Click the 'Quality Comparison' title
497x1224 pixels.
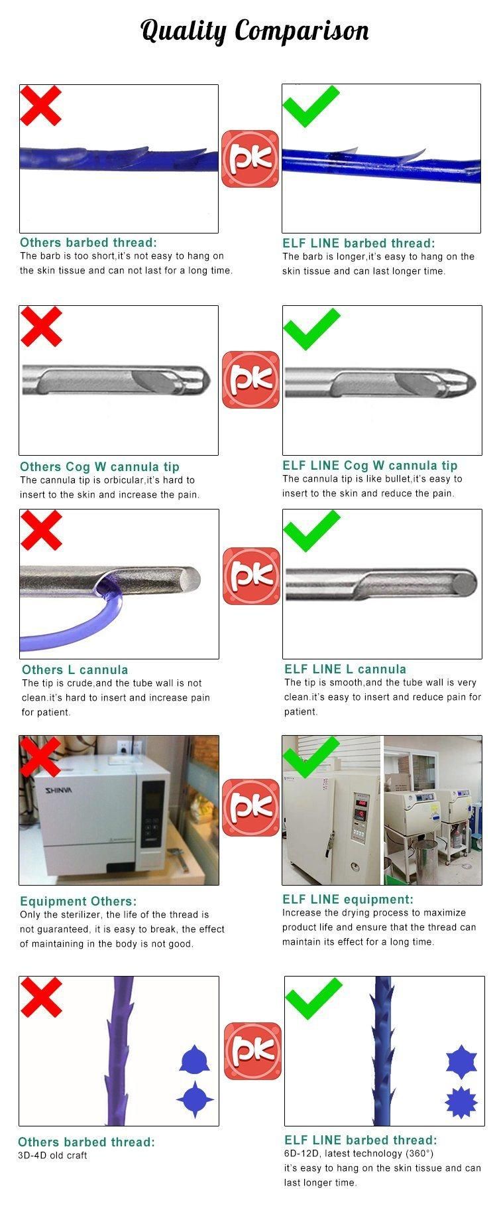click(x=255, y=31)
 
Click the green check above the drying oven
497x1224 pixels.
click(x=311, y=757)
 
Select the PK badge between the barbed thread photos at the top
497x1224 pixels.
click(x=250, y=159)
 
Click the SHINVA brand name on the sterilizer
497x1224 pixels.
click(x=62, y=789)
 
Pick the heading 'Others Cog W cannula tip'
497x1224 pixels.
click(x=99, y=466)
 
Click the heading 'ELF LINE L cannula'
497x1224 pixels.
click(x=345, y=669)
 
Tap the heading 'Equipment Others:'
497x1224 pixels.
click(x=78, y=901)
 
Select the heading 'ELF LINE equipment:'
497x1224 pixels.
click(x=347, y=899)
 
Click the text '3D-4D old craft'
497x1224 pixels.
click(x=52, y=1155)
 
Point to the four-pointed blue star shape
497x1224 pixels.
click(x=195, y=1099)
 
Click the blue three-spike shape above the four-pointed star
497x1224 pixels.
click(x=195, y=1059)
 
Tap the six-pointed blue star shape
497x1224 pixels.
click(x=461, y=1061)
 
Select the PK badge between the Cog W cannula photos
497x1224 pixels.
click(x=250, y=379)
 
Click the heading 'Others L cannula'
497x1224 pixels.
click(x=75, y=669)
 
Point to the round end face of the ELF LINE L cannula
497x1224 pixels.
click(x=465, y=583)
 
